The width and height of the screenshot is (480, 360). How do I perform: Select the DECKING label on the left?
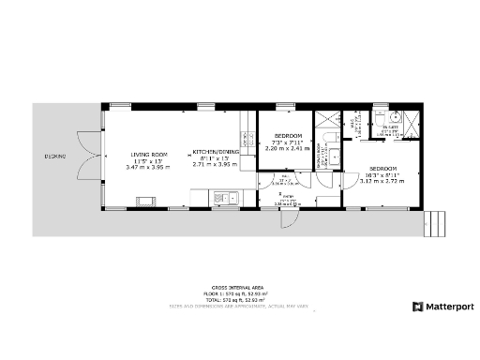pos(54,156)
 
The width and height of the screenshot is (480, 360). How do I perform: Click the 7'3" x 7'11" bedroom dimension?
pos(285,142)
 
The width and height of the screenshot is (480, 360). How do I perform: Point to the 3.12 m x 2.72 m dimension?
pos(382,181)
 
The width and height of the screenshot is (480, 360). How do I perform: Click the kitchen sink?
pos(224,197)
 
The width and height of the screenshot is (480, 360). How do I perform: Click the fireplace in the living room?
pos(146,199)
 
